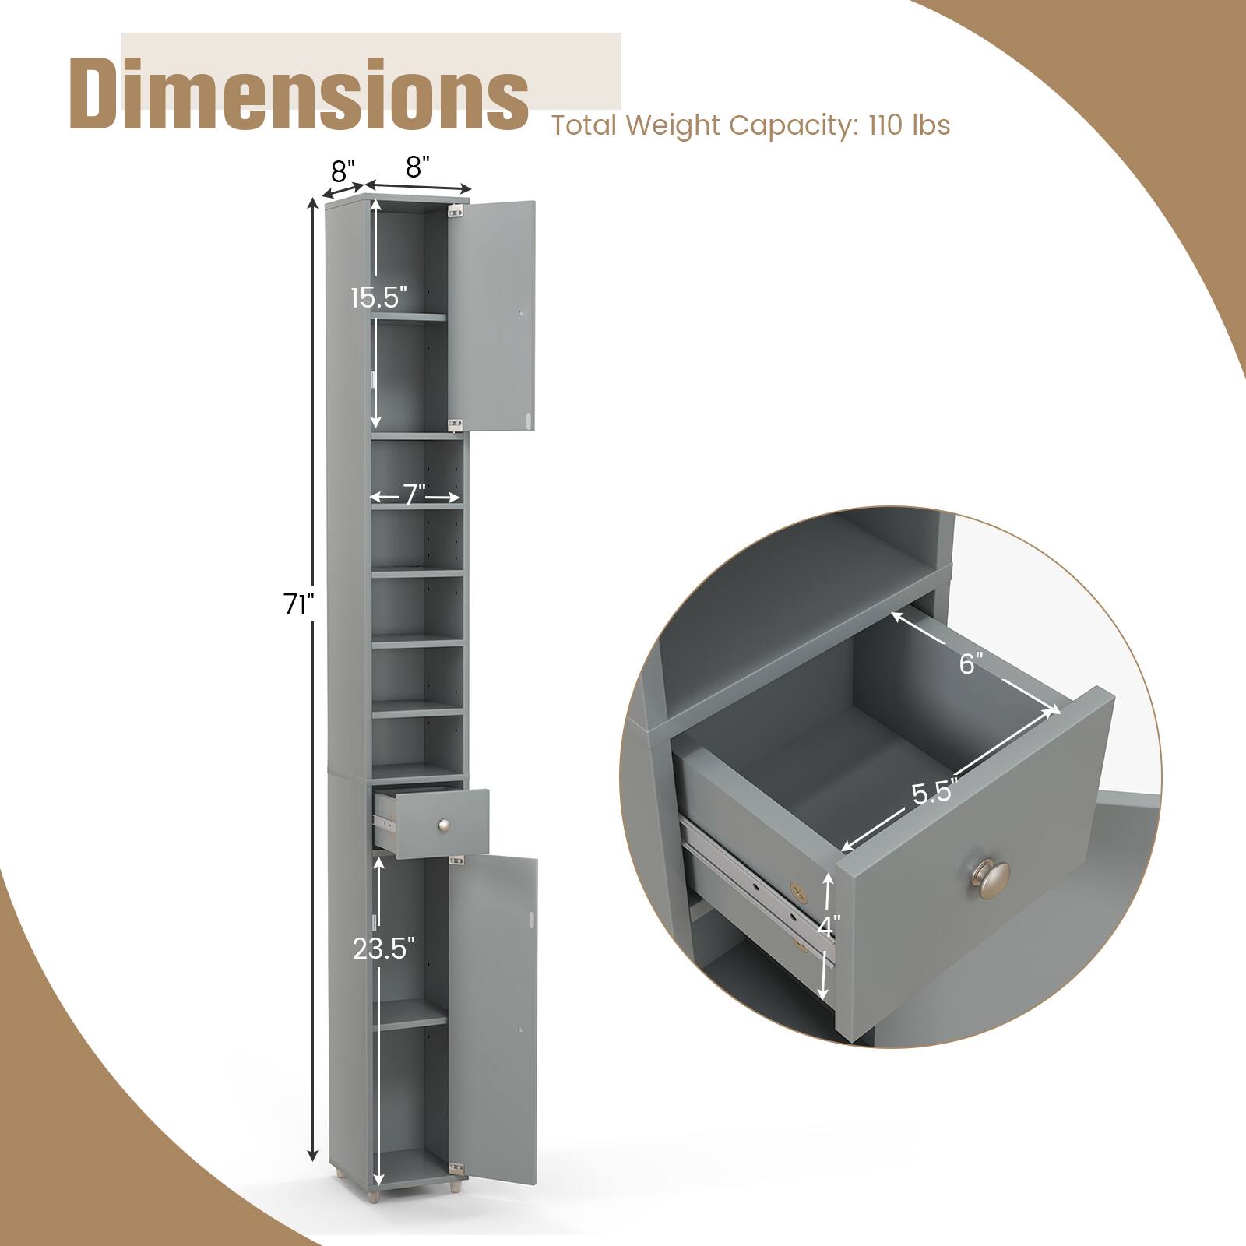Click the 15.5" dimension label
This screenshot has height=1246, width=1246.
(378, 297)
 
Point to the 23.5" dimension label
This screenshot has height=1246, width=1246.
(383, 949)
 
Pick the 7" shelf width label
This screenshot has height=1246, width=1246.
(414, 495)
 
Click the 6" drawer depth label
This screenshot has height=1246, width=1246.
(970, 663)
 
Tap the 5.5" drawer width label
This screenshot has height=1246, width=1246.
(933, 794)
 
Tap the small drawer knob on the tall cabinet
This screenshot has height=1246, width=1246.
(445, 824)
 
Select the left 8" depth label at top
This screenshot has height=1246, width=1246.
(343, 169)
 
